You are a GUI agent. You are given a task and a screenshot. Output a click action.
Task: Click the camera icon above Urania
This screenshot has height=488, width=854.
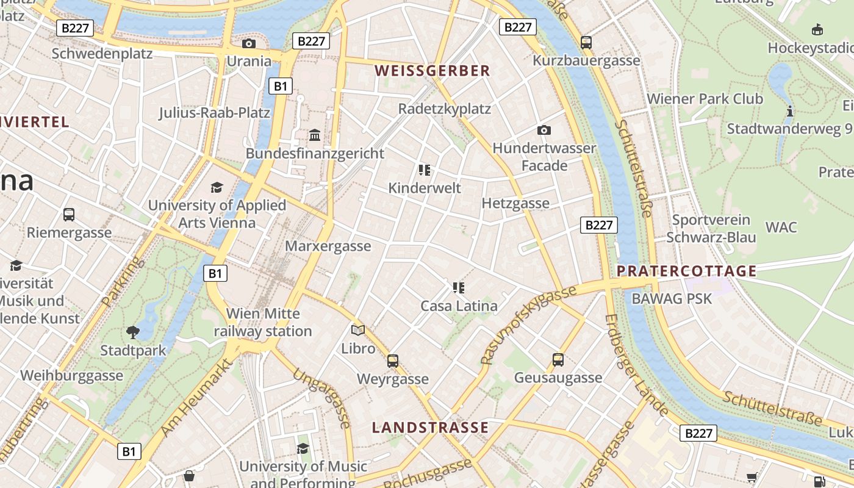pyautogui.click(x=248, y=43)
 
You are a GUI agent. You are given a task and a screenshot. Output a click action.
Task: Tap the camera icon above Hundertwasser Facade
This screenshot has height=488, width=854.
pyautogui.click(x=544, y=130)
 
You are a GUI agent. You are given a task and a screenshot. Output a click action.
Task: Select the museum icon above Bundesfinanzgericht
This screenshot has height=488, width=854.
pyautogui.click(x=315, y=134)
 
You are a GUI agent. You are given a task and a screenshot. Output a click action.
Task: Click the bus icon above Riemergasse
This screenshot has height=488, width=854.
pyautogui.click(x=69, y=215)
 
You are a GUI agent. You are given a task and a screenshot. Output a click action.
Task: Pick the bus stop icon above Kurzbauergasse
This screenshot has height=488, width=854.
pyautogui.click(x=586, y=42)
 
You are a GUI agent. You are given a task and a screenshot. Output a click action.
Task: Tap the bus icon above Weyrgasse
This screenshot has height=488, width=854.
pyautogui.click(x=393, y=361)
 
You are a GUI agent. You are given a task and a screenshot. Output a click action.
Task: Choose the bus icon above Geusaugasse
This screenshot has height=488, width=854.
pyautogui.click(x=558, y=359)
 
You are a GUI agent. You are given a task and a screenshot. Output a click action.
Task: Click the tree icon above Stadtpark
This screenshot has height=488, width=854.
pyautogui.click(x=133, y=332)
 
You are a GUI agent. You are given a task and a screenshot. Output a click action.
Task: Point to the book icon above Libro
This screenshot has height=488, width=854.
pyautogui.click(x=358, y=330)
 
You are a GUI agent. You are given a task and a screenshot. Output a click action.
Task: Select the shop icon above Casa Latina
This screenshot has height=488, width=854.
pyautogui.click(x=459, y=287)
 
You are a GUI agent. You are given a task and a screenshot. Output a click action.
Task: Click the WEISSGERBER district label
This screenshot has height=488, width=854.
pyautogui.click(x=432, y=71)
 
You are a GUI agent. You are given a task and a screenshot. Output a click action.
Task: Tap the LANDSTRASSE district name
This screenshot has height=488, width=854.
pyautogui.click(x=431, y=427)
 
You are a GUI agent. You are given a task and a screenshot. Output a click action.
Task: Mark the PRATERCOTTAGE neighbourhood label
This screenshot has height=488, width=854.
pyautogui.click(x=687, y=271)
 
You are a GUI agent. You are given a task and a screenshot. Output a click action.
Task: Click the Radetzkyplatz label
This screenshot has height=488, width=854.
pyautogui.click(x=444, y=109)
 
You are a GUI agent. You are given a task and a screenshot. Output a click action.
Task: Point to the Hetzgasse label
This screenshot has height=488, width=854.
pyautogui.click(x=515, y=203)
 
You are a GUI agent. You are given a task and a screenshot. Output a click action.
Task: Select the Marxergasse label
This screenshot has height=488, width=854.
pyautogui.click(x=328, y=246)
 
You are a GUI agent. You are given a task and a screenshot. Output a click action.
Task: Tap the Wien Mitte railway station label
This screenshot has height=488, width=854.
pyautogui.click(x=263, y=322)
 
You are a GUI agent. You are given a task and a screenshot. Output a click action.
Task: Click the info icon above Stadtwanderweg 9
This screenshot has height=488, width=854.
pyautogui.click(x=790, y=111)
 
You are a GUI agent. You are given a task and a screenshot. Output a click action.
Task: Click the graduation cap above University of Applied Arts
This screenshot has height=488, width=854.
pyautogui.click(x=217, y=187)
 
